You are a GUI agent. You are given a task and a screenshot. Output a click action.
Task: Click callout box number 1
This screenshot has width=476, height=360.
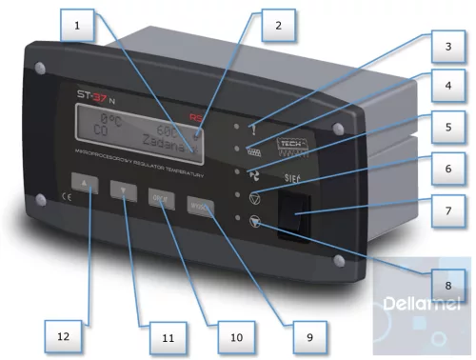point(76,26)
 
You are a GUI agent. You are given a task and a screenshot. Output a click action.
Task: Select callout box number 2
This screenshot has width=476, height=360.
point(279,26)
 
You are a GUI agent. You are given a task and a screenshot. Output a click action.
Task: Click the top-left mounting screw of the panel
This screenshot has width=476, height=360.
point(40,69)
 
